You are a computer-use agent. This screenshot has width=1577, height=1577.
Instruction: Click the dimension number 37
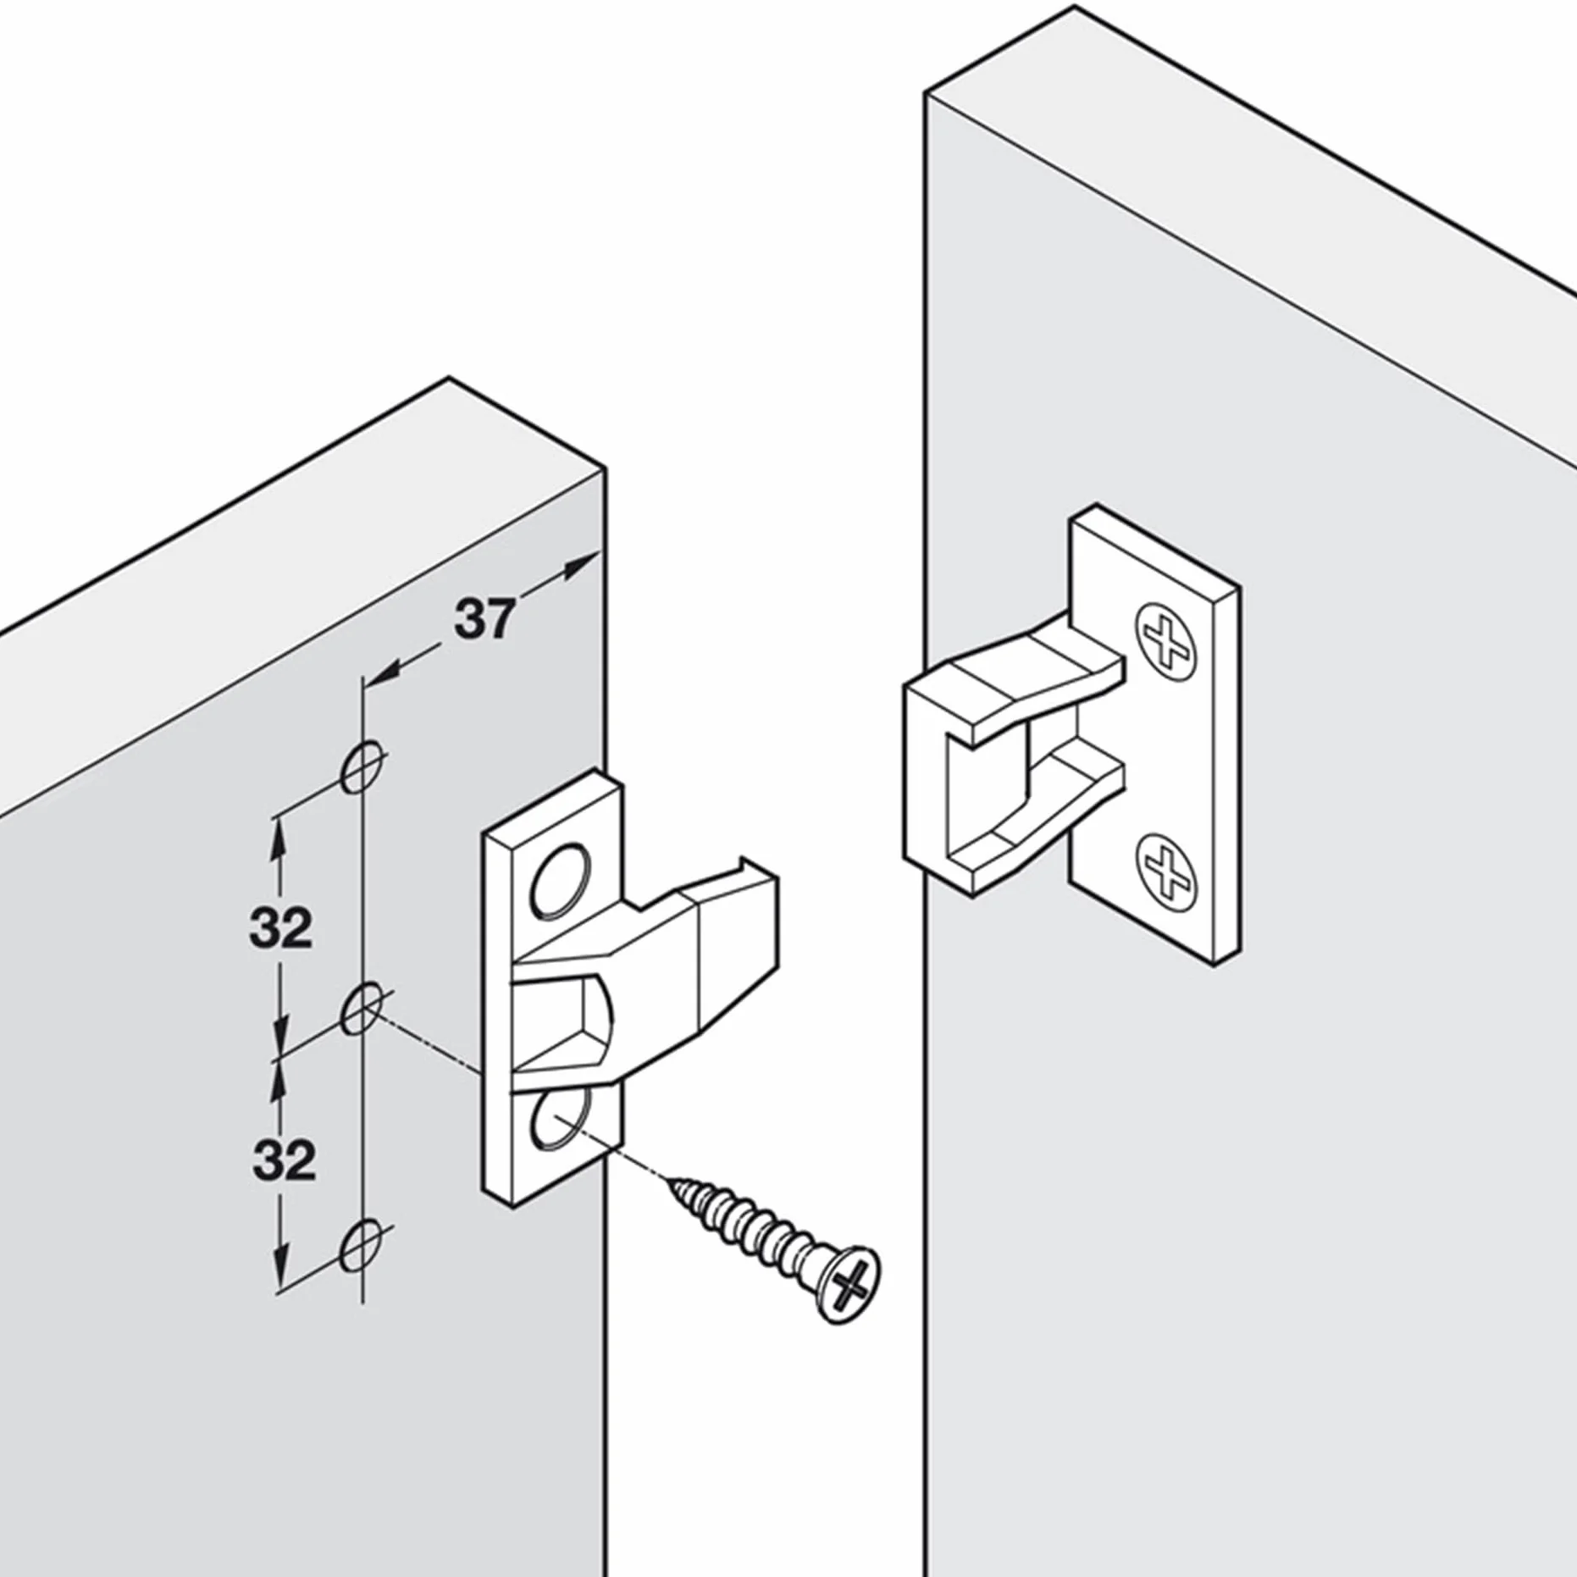coord(484,619)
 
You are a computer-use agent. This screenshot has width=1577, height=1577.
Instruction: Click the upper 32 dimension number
coord(280,928)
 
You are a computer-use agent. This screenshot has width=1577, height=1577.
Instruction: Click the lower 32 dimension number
coord(284,1160)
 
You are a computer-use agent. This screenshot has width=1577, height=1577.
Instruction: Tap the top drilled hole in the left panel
coord(363,766)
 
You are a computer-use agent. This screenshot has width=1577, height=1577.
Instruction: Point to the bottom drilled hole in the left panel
coord(362,1244)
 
